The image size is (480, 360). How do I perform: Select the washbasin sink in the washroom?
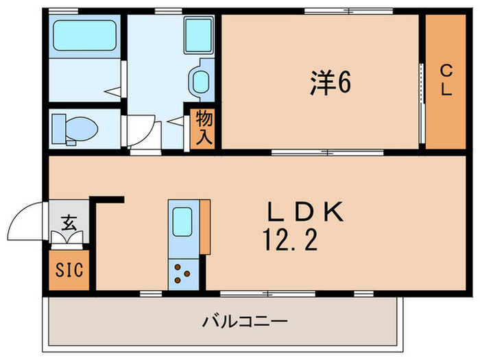(x=201, y=80)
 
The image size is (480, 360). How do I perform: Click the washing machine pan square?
(x=199, y=35)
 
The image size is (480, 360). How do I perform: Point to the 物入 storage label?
(x=204, y=127)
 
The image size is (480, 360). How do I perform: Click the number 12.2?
(x=290, y=241)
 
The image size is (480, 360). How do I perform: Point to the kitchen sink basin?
(x=182, y=221)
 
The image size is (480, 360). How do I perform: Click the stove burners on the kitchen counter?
(x=182, y=273)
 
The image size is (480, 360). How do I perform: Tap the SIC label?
(x=68, y=268)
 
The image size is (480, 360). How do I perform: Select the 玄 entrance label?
(x=68, y=222)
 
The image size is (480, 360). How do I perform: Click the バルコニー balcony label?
(x=243, y=320)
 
